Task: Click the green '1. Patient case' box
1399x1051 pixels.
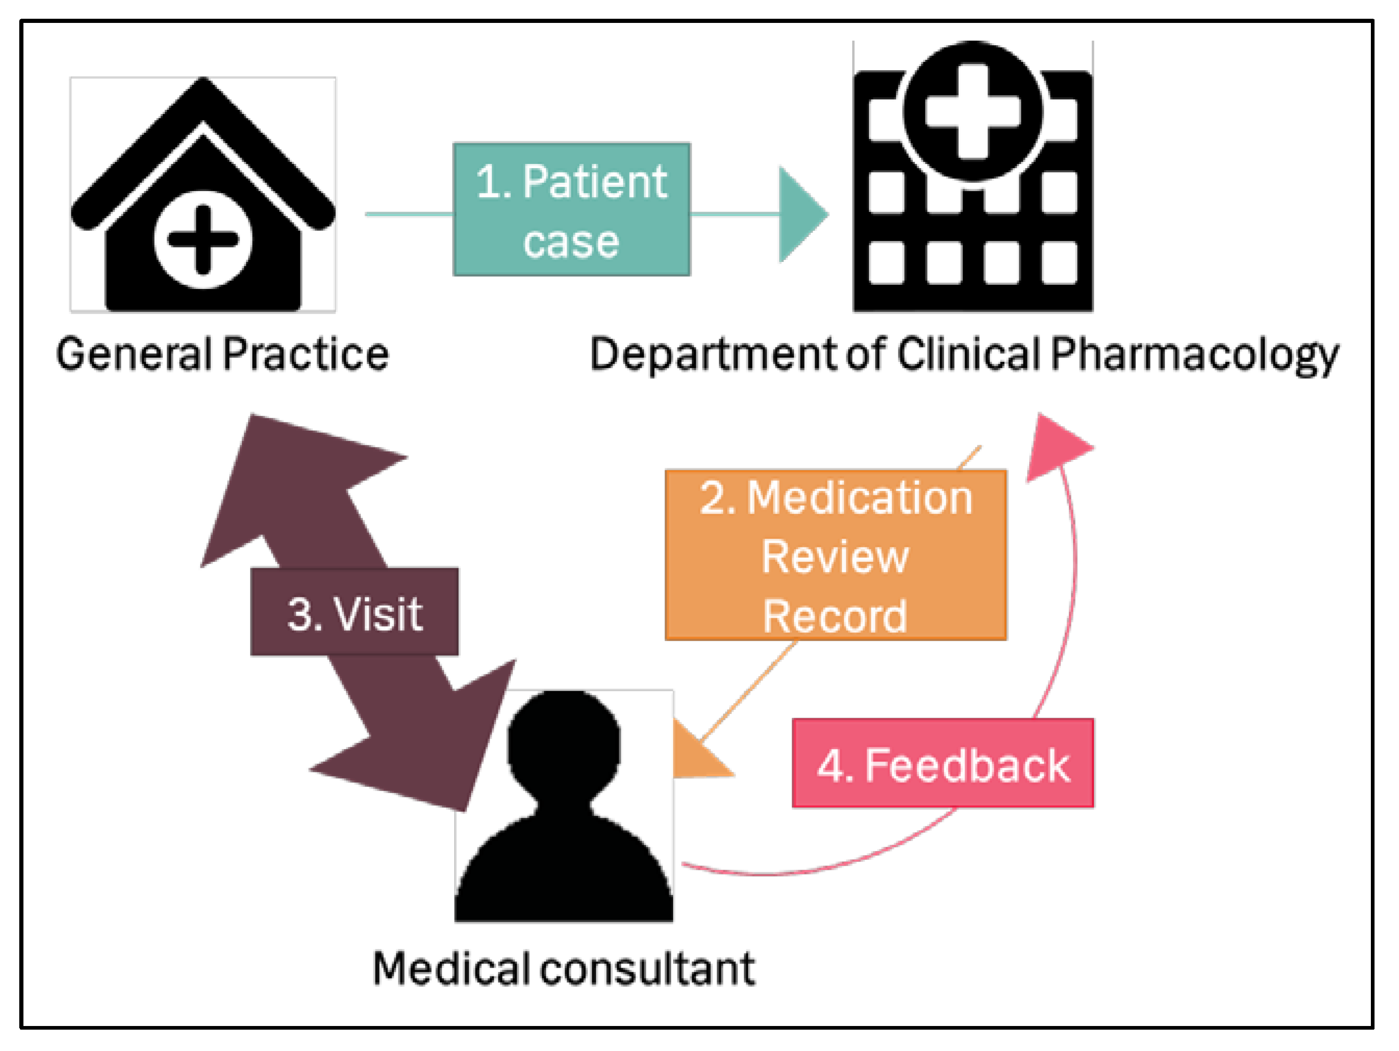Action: click(x=571, y=209)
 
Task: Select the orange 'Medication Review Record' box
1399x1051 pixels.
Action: click(x=835, y=555)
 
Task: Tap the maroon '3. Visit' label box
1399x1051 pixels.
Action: click(x=354, y=611)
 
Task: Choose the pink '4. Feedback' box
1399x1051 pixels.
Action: click(x=942, y=764)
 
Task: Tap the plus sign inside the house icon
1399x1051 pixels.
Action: click(x=203, y=240)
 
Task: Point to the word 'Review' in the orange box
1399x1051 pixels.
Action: click(x=835, y=556)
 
